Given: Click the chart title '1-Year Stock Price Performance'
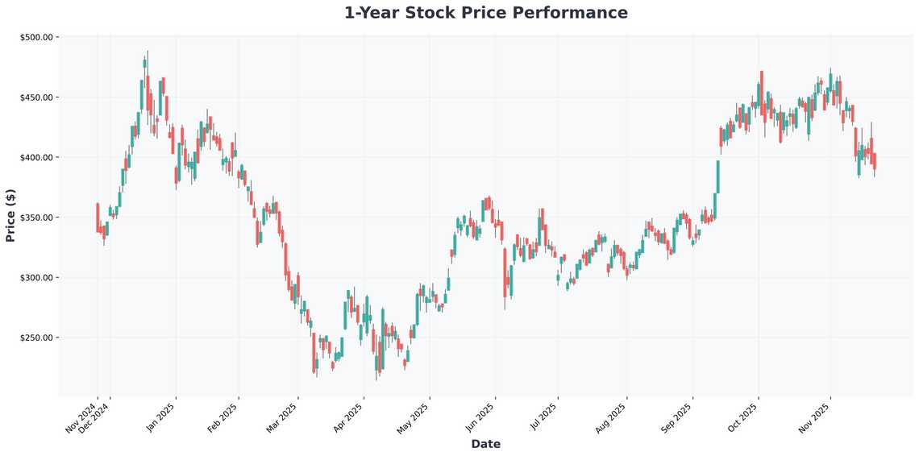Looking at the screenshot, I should pos(485,13).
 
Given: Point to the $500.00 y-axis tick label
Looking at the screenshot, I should pos(35,37).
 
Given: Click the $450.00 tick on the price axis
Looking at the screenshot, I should pos(35,97).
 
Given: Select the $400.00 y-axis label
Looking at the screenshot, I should pos(35,157).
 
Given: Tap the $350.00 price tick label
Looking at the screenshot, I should pos(35,218).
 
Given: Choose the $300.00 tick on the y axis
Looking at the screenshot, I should pos(35,278).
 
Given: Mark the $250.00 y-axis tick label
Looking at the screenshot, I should pos(35,338).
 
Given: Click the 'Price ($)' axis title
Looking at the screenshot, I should pos(10,215).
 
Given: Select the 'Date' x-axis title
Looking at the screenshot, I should pos(485,444).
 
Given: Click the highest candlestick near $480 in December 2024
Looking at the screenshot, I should pos(145,63).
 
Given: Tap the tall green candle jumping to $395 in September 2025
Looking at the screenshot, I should pos(717,176).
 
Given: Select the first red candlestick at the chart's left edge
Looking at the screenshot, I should pos(98,218).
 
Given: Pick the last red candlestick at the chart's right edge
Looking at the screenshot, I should pos(875,160).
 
